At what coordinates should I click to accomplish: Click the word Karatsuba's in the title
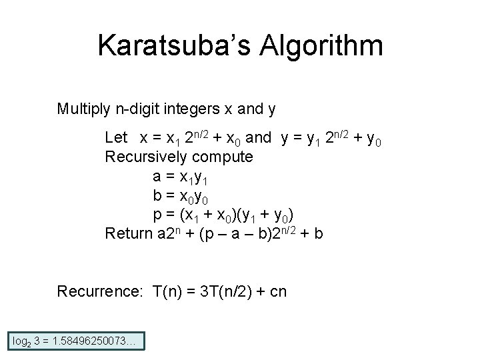[172, 46]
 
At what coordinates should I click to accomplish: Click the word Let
[116, 138]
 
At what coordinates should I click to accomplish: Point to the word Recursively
[146, 157]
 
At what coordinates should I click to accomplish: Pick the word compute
[223, 157]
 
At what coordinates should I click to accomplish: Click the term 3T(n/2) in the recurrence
[223, 291]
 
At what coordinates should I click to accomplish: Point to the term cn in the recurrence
[279, 291]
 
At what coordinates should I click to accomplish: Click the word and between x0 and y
[259, 138]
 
